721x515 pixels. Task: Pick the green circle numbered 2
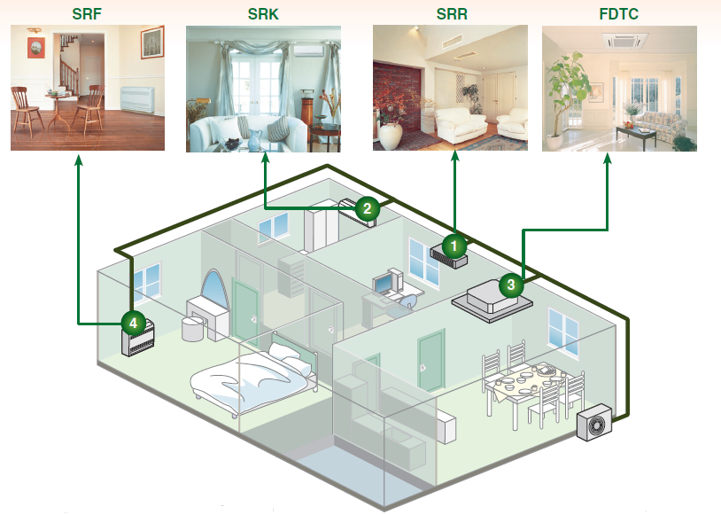pos(367,209)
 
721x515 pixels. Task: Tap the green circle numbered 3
pos(511,285)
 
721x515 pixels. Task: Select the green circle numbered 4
pos(133,323)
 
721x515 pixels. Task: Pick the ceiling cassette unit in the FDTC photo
pos(624,41)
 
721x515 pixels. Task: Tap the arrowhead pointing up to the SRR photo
pos(455,159)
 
